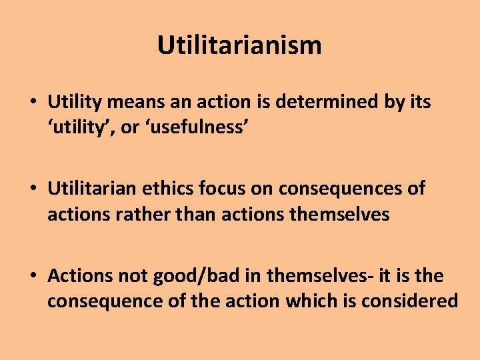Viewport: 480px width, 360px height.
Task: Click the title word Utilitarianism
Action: (239, 45)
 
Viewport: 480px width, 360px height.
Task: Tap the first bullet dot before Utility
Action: (33, 103)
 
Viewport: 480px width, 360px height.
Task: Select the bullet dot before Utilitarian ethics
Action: (33, 190)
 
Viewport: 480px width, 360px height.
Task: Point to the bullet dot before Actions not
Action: (33, 277)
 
